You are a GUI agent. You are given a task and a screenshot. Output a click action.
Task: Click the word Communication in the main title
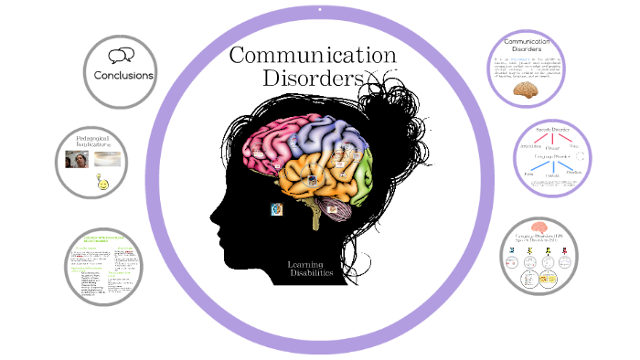point(312,55)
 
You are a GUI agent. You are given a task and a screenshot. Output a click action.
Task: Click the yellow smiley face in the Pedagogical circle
point(102,185)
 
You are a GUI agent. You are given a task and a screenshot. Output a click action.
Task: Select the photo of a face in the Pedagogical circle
point(78,159)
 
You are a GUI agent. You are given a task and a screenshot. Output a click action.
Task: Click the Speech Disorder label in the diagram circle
point(552,130)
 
